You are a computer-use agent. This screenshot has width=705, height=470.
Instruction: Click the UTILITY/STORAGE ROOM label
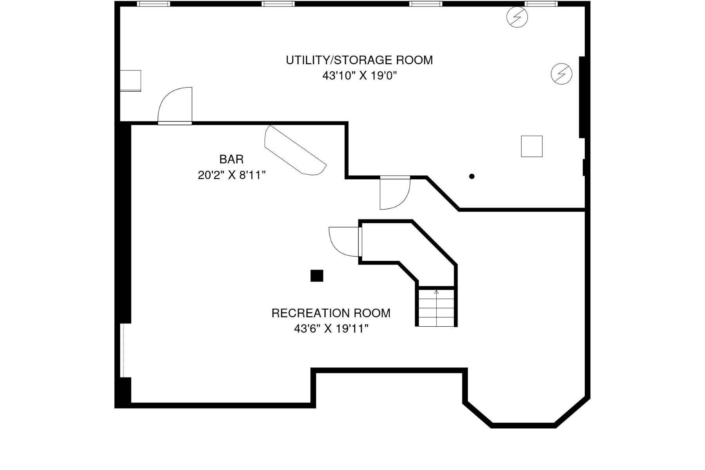359,60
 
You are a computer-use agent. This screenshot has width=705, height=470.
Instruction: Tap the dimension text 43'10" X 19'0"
359,76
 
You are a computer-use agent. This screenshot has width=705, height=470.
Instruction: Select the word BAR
231,159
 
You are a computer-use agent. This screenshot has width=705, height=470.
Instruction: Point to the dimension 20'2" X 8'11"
231,175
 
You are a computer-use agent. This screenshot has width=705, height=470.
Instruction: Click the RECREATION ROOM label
331,313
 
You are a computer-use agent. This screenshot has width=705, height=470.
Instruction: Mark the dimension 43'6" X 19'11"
331,329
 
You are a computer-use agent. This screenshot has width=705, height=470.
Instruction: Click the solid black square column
317,276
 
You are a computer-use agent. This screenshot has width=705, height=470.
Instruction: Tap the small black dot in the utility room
472,176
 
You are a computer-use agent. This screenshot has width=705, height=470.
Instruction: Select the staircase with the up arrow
436,307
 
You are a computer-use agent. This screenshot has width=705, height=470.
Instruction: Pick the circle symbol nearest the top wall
517,17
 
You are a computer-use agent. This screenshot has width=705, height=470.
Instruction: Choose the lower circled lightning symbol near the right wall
561,74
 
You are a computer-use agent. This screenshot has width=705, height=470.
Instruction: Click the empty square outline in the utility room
531,146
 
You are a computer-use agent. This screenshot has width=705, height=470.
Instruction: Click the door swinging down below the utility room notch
394,193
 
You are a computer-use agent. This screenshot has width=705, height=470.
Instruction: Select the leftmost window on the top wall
154,4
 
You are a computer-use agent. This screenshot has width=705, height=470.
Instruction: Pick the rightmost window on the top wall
541,4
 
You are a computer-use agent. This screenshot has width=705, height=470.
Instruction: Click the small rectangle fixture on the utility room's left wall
130,81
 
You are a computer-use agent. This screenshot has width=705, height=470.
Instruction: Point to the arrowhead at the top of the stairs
436,292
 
